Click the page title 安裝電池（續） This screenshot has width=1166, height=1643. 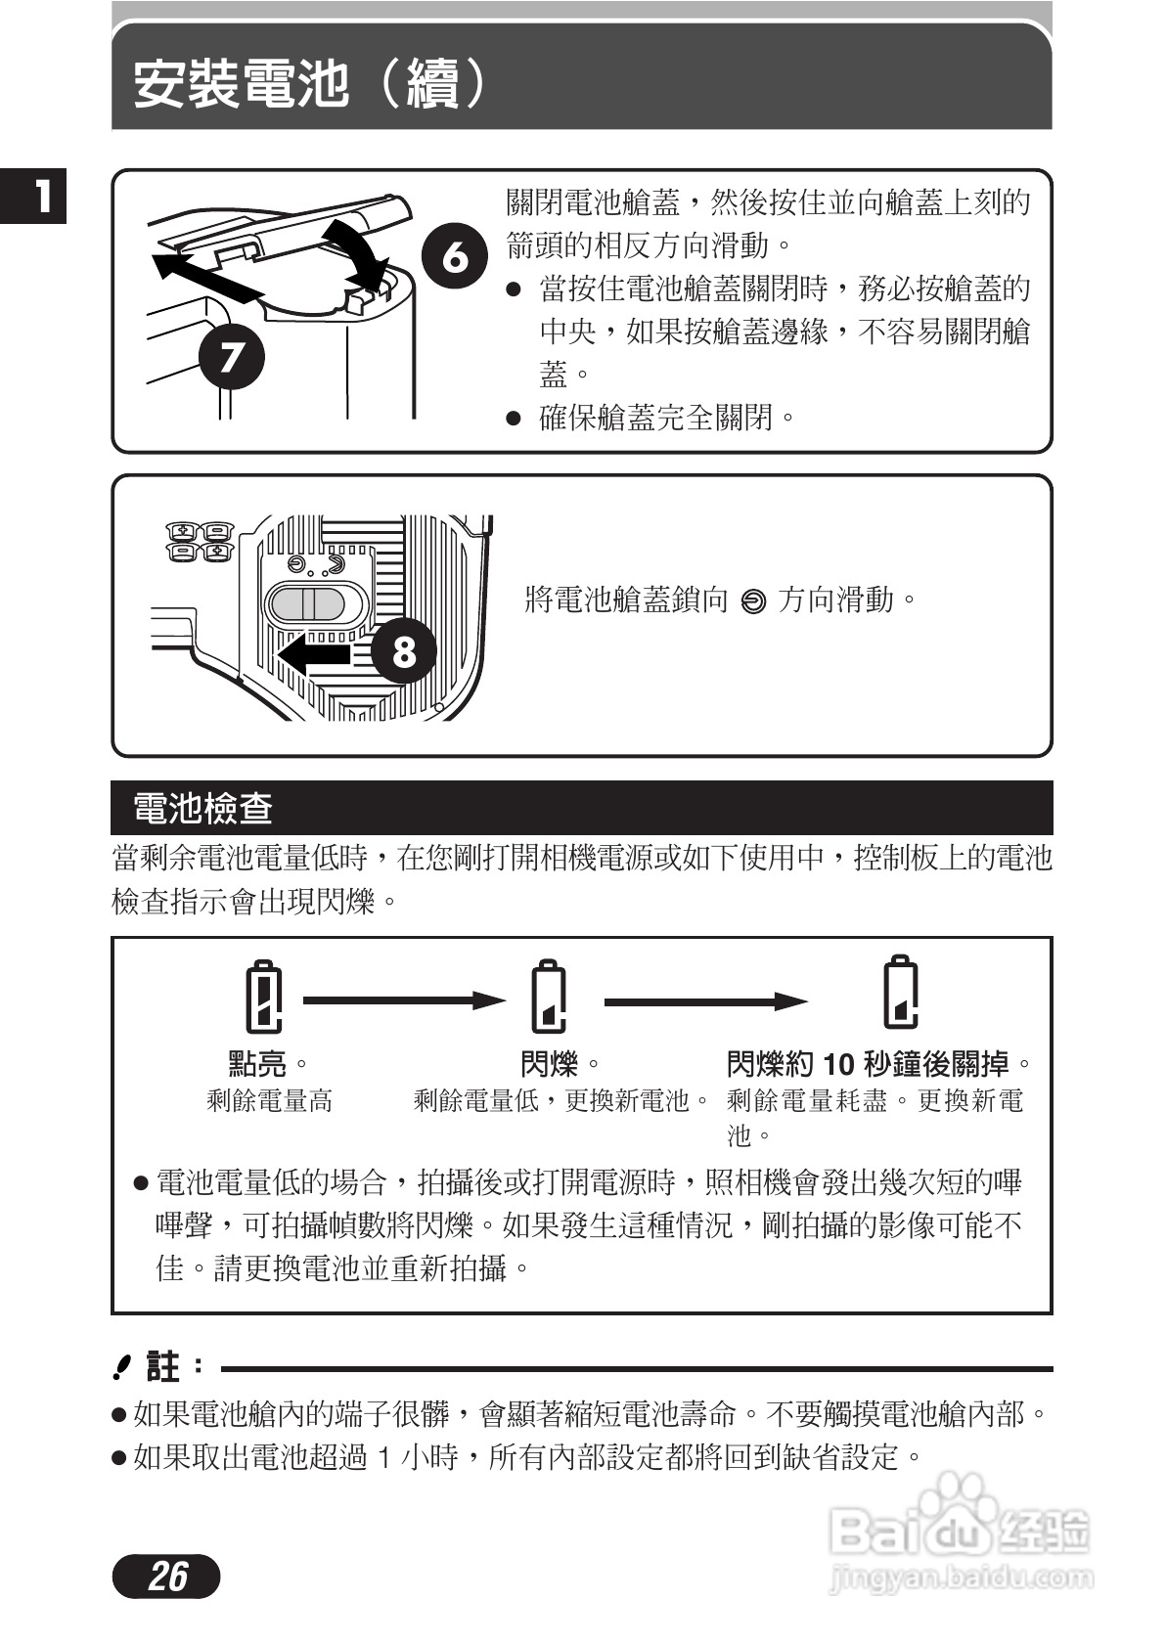[309, 83]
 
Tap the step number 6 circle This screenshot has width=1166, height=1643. [454, 256]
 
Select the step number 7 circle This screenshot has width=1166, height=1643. [232, 356]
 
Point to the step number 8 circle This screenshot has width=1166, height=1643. [404, 650]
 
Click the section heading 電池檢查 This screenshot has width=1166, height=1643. [202, 809]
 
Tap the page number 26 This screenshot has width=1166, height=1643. [167, 1576]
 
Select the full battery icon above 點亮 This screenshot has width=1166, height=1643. [264, 997]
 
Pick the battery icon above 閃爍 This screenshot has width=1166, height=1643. [549, 997]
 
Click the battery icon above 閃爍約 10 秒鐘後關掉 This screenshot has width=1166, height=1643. [901, 993]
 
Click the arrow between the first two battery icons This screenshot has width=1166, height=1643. [403, 1000]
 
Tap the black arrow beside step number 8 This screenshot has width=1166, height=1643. [315, 652]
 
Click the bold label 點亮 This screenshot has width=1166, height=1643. [258, 1063]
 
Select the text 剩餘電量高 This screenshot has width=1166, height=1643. [269, 1101]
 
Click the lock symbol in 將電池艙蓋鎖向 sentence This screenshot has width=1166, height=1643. [753, 601]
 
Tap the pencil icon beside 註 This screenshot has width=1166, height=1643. [121, 1367]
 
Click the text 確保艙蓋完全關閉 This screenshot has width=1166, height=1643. [655, 419]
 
